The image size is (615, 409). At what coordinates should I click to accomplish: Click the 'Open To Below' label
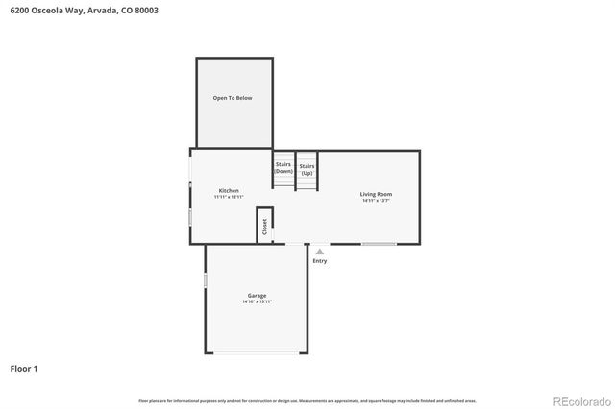(233, 98)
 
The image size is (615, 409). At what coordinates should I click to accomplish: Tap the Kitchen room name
(229, 190)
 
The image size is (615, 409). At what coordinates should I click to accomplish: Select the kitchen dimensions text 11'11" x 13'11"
(229, 197)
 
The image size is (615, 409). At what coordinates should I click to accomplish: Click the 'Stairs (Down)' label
(283, 167)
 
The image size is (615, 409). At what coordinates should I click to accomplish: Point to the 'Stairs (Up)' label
(307, 169)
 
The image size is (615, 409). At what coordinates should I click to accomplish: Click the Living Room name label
(376, 194)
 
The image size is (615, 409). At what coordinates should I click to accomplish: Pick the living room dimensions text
(376, 201)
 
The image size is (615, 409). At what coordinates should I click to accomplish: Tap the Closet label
(265, 226)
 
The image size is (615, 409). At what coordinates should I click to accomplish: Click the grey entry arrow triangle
(320, 252)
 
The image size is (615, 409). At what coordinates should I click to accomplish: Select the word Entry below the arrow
(320, 261)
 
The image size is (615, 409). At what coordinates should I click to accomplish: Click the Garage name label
(257, 295)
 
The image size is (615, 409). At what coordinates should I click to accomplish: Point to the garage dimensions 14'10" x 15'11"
(257, 301)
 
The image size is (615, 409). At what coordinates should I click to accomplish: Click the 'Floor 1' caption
(24, 368)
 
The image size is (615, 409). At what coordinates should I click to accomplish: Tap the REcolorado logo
(578, 400)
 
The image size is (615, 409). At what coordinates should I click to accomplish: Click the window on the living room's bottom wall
(379, 244)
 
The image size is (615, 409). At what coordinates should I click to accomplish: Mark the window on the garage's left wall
(205, 280)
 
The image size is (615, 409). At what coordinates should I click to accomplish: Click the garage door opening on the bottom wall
(256, 352)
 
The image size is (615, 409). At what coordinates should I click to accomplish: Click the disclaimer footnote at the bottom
(307, 400)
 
